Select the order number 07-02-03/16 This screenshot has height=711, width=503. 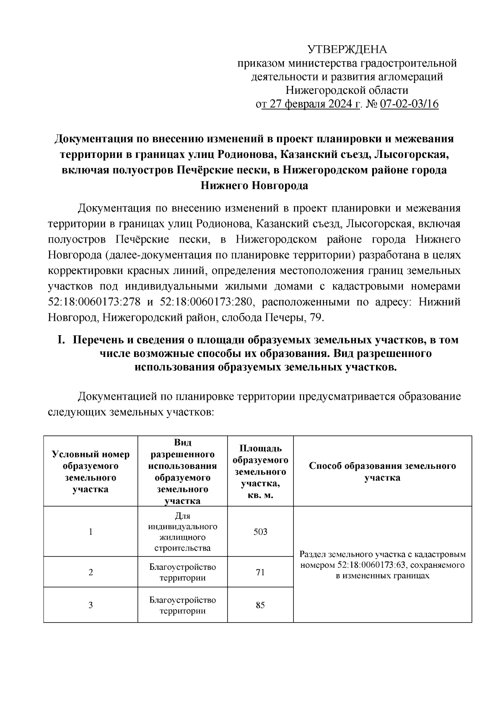click(409, 104)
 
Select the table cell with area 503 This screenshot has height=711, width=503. click(260, 532)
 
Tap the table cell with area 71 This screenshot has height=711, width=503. click(260, 572)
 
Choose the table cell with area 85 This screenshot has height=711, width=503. click(260, 605)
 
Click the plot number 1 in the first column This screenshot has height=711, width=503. click(91, 532)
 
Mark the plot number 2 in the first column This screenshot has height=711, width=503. click(91, 572)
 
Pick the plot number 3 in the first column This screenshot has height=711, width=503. click(91, 605)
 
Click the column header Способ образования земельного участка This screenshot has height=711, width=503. click(382, 472)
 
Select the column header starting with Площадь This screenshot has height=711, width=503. click(260, 472)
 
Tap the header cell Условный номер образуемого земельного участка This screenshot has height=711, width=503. click(91, 472)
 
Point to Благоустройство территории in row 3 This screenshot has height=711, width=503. click(182, 605)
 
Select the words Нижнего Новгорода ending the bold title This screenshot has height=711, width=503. click(254, 186)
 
